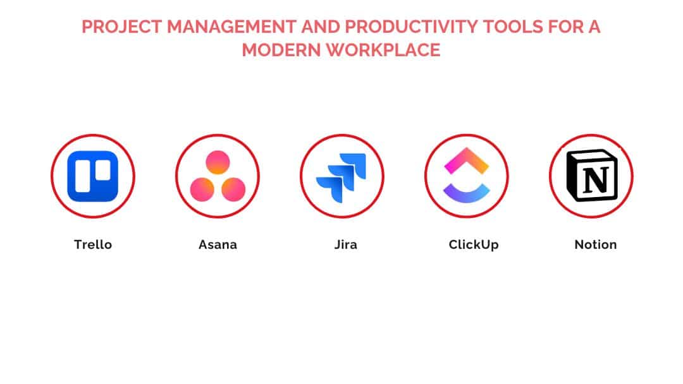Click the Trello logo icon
(x=93, y=176)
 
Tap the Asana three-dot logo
(x=218, y=176)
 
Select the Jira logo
(x=341, y=177)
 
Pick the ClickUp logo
(x=467, y=175)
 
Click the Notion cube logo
(x=591, y=176)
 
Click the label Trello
(x=93, y=244)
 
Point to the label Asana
(x=218, y=244)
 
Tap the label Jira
(x=346, y=244)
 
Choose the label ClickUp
(x=474, y=245)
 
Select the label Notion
(x=596, y=244)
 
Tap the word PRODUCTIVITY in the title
(x=412, y=27)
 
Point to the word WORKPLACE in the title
(x=383, y=50)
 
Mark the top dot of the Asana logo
(x=218, y=162)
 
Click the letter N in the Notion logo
(x=595, y=180)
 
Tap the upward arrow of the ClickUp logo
(x=467, y=160)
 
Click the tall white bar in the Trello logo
(x=83, y=176)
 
